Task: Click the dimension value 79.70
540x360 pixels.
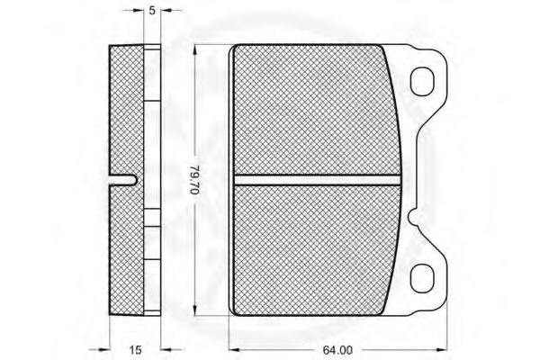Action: [x=195, y=180]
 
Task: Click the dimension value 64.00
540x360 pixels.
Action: [x=337, y=350]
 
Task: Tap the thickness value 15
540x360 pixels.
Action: [x=135, y=350]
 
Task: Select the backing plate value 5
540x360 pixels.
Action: [x=152, y=11]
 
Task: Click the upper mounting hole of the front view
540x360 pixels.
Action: [x=422, y=82]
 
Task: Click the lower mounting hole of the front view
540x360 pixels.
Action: [x=422, y=278]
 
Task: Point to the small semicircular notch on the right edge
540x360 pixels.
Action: [x=412, y=216]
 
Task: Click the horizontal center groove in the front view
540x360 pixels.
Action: [x=317, y=180]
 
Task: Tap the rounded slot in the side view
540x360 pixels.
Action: [x=123, y=180]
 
